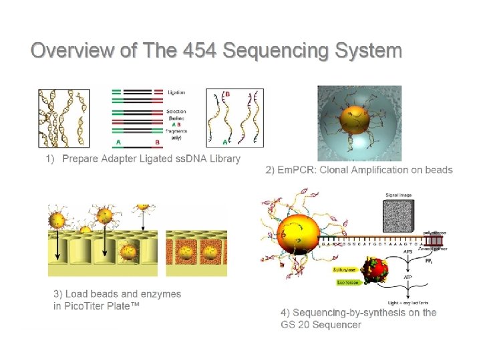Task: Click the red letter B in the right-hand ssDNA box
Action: click(x=227, y=95)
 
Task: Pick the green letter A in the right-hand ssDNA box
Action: click(x=224, y=142)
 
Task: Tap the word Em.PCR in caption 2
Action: click(x=297, y=170)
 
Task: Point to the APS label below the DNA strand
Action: click(x=406, y=253)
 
